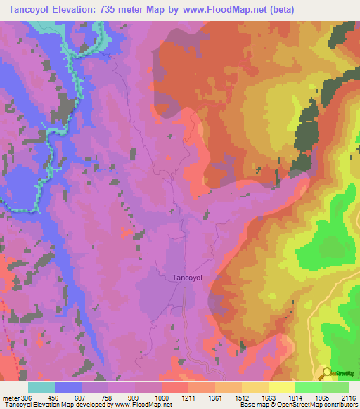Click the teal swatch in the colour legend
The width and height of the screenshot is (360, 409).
41,387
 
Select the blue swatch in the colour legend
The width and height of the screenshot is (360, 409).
68,387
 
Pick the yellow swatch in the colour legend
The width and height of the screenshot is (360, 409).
281,387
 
